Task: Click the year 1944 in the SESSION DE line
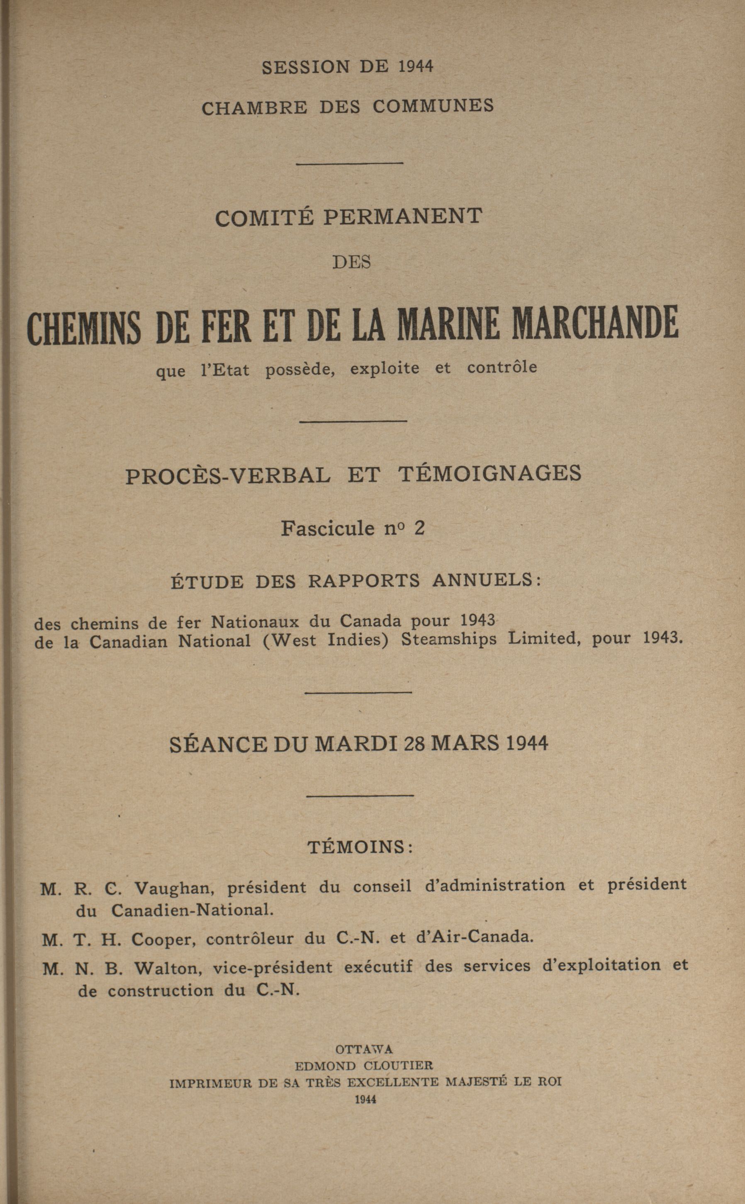click(415, 66)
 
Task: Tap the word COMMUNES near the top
click(433, 107)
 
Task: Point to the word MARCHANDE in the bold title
click(595, 324)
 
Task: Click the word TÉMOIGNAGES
click(489, 473)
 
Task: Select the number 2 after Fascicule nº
click(419, 528)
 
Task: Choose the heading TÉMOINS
click(360, 847)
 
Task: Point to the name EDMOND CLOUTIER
click(364, 1065)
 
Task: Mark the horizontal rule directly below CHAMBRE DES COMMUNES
click(351, 163)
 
